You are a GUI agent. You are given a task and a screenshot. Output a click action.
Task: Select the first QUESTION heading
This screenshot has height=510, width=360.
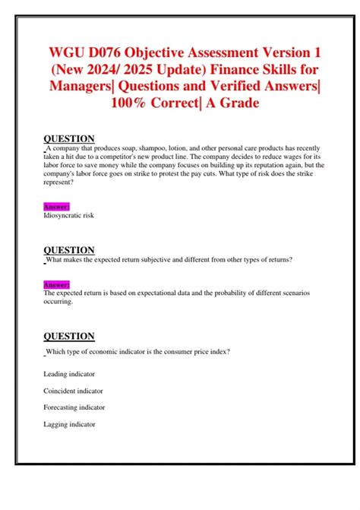[69, 138]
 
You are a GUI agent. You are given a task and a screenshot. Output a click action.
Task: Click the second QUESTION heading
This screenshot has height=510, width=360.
[69, 250]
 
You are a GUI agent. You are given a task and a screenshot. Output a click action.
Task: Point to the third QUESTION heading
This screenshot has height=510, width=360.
[69, 336]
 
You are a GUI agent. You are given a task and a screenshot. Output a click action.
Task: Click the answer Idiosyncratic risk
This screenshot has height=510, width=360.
[74, 215]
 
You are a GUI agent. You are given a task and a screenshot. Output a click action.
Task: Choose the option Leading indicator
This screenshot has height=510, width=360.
[70, 374]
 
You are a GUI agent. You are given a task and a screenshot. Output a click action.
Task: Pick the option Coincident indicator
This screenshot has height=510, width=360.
[74, 391]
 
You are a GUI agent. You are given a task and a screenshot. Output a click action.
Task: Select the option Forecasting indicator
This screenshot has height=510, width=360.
[74, 407]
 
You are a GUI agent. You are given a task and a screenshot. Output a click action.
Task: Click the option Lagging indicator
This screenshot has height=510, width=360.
[70, 424]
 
